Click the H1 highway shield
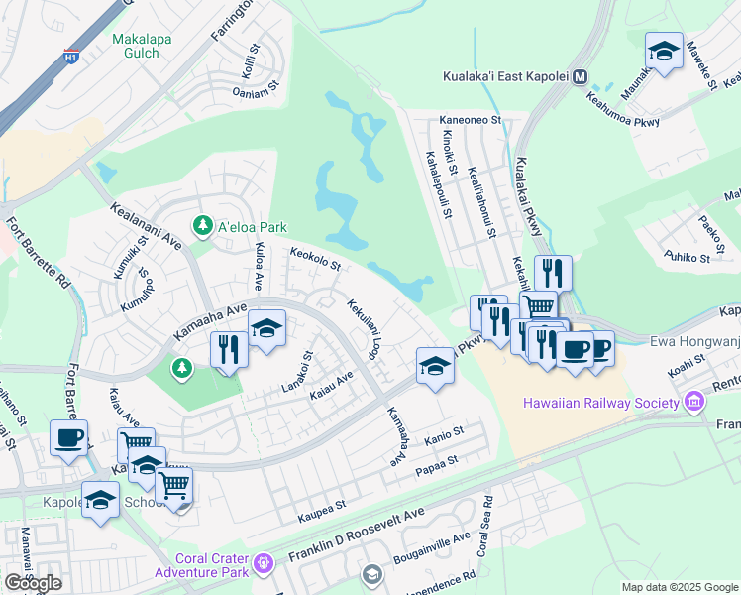point(71,57)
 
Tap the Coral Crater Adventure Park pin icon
point(263,564)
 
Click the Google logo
point(33,583)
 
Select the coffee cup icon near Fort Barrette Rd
point(68,437)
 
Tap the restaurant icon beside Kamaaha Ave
point(228,349)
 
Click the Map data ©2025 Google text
point(680,587)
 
